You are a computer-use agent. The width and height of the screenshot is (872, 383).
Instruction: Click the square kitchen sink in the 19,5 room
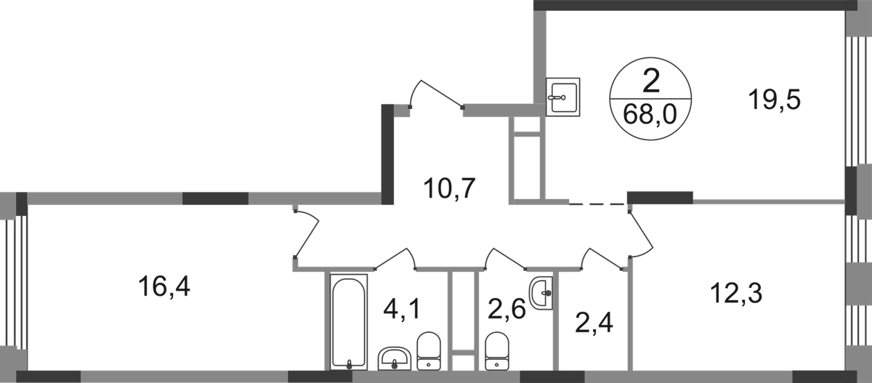(565, 96)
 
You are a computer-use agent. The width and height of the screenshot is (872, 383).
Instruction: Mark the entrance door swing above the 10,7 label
(436, 93)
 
